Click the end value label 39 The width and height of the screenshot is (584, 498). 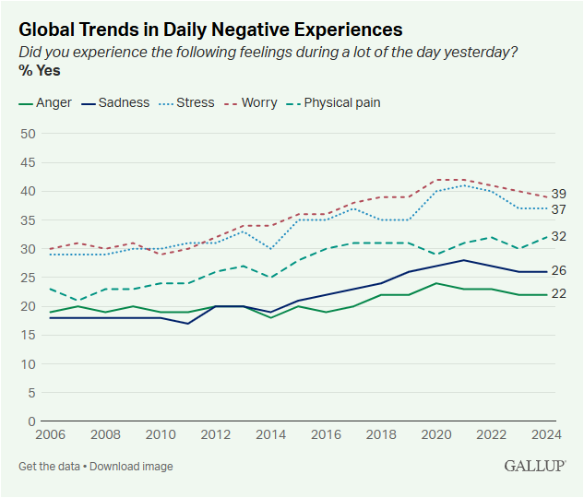click(558, 194)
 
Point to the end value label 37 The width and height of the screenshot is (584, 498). click(558, 209)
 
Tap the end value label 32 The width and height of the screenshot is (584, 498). click(558, 236)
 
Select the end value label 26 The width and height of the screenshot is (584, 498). click(558, 271)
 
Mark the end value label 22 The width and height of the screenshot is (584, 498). click(558, 294)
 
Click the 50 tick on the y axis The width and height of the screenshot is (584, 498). click(28, 134)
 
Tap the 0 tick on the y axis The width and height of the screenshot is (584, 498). click(31, 421)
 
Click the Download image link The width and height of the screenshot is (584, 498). click(131, 467)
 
